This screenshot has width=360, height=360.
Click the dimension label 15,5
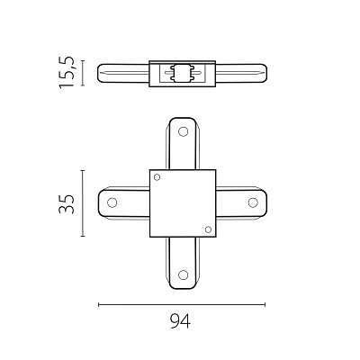tap(67, 72)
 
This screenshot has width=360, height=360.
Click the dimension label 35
tap(67, 204)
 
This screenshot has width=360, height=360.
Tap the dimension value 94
tap(180, 321)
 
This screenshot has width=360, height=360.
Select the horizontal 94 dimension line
tap(182, 305)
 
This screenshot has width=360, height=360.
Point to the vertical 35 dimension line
tap(83, 203)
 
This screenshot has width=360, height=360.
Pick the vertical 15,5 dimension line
tap(83, 73)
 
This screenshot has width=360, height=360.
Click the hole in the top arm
tap(183, 131)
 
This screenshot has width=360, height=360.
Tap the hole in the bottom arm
tap(183, 274)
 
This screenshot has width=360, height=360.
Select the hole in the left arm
tap(112, 202)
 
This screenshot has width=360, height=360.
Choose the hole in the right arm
tap(253, 202)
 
